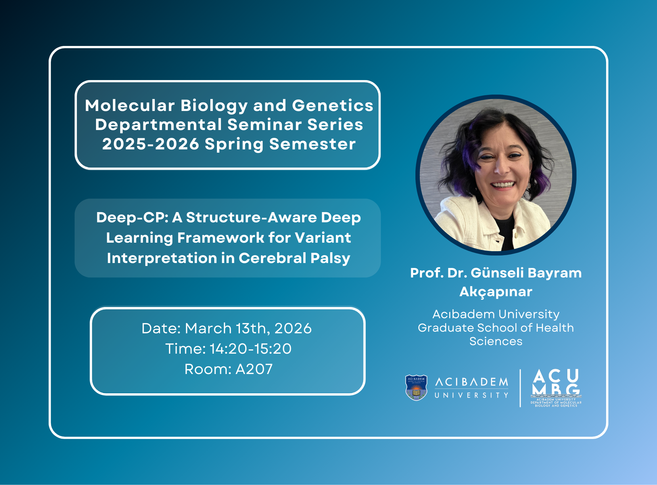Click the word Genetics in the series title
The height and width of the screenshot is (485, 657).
point(333,106)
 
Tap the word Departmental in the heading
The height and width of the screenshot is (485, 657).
point(158,125)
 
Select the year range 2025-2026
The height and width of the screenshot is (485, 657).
point(151,144)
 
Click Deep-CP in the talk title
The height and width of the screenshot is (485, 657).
point(132,218)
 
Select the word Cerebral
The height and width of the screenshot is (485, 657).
point(272,258)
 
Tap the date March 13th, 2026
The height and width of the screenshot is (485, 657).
point(248,328)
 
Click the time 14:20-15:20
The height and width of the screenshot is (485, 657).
point(250,349)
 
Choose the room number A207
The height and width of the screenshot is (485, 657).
point(254,369)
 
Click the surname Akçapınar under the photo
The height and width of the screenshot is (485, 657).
point(496,292)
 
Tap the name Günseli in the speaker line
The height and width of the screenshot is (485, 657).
point(497,273)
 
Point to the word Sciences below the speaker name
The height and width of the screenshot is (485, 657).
point(496,342)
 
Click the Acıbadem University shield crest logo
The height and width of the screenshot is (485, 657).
point(416,387)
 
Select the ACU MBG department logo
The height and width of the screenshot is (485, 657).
point(556,388)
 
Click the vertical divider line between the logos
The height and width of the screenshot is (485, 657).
point(520,388)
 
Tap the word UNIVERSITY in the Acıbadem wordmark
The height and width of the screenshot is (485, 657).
point(472,395)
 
